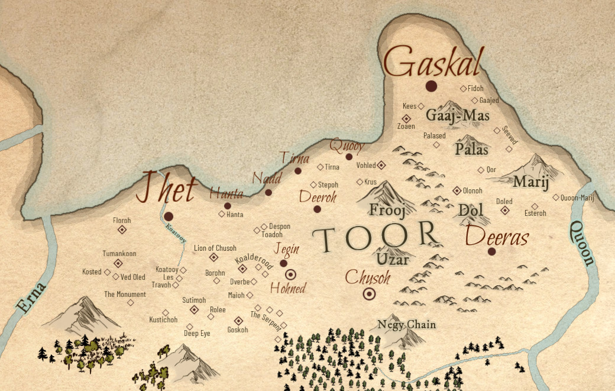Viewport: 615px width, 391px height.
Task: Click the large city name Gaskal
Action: (433, 62)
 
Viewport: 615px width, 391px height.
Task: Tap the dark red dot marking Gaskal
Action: (431, 86)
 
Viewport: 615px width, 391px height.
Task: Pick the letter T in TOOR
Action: (324, 238)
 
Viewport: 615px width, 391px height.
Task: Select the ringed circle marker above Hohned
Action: (291, 274)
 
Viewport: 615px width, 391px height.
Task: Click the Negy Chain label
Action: (406, 324)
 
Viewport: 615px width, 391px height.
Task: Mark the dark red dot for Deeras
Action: (491, 251)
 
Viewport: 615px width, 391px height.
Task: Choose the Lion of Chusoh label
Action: (215, 248)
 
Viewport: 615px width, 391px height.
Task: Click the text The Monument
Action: (125, 295)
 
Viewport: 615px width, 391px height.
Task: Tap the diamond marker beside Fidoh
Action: (463, 89)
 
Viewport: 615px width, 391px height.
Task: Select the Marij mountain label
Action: (526, 182)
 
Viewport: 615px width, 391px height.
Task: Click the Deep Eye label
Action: (197, 334)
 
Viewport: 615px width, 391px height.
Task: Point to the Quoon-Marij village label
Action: (577, 198)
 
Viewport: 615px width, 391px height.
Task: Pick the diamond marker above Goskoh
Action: (238, 320)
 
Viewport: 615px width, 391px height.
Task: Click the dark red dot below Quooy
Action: (349, 157)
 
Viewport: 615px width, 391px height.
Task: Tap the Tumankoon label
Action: (119, 254)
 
